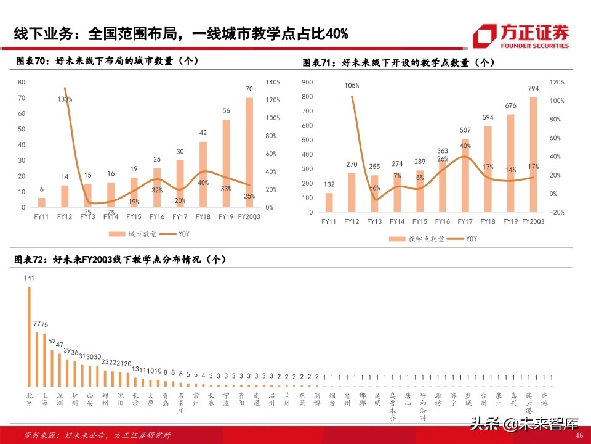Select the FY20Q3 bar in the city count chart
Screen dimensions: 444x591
pos(249,152)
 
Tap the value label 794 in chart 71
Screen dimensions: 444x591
pos(533,88)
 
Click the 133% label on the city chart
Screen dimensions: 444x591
pos(65,99)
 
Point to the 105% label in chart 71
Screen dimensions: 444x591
pos(352,86)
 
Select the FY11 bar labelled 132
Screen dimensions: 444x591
pos(329,202)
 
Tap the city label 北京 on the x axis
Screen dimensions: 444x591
pos(29,400)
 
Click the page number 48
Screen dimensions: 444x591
pos(578,435)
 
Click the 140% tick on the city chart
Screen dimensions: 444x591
pos(273,82)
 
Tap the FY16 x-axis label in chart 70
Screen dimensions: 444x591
pos(156,216)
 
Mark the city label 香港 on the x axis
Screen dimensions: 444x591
pos(543,400)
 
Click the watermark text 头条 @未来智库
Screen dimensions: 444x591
pos(525,424)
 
